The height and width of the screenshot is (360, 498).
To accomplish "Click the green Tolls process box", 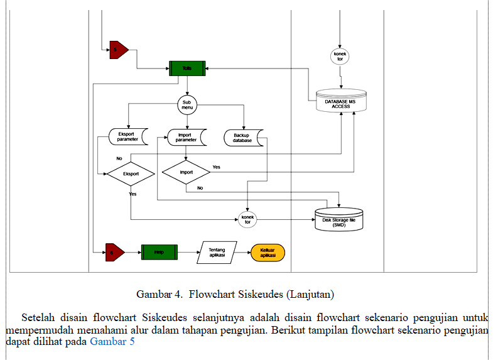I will click(188, 68).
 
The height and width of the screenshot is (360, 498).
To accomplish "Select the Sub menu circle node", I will click(187, 104).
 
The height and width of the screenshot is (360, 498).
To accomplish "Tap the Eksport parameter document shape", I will click(127, 136).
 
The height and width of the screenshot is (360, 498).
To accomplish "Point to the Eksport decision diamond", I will click(131, 173).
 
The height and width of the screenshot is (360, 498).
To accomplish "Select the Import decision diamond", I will click(187, 172).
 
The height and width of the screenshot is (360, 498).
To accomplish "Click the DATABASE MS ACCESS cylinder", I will click(341, 101).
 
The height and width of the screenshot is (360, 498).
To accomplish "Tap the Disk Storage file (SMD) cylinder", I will click(339, 220).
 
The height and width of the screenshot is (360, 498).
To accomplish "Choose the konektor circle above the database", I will click(340, 57).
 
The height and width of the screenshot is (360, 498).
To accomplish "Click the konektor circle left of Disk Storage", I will click(247, 219).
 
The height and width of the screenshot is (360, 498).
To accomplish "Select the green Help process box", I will click(159, 253).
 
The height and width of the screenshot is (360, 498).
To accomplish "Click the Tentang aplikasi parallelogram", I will click(217, 253).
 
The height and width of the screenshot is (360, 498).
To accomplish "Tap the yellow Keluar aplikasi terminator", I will click(268, 253).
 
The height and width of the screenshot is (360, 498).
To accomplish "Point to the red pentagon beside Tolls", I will click(117, 50).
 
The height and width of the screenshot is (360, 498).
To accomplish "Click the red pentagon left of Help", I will click(114, 253).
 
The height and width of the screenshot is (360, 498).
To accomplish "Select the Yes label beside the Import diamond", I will click(217, 167).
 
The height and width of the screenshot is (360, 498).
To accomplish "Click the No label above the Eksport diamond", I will click(119, 158).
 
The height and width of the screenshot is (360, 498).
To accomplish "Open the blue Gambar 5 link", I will click(112, 342).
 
